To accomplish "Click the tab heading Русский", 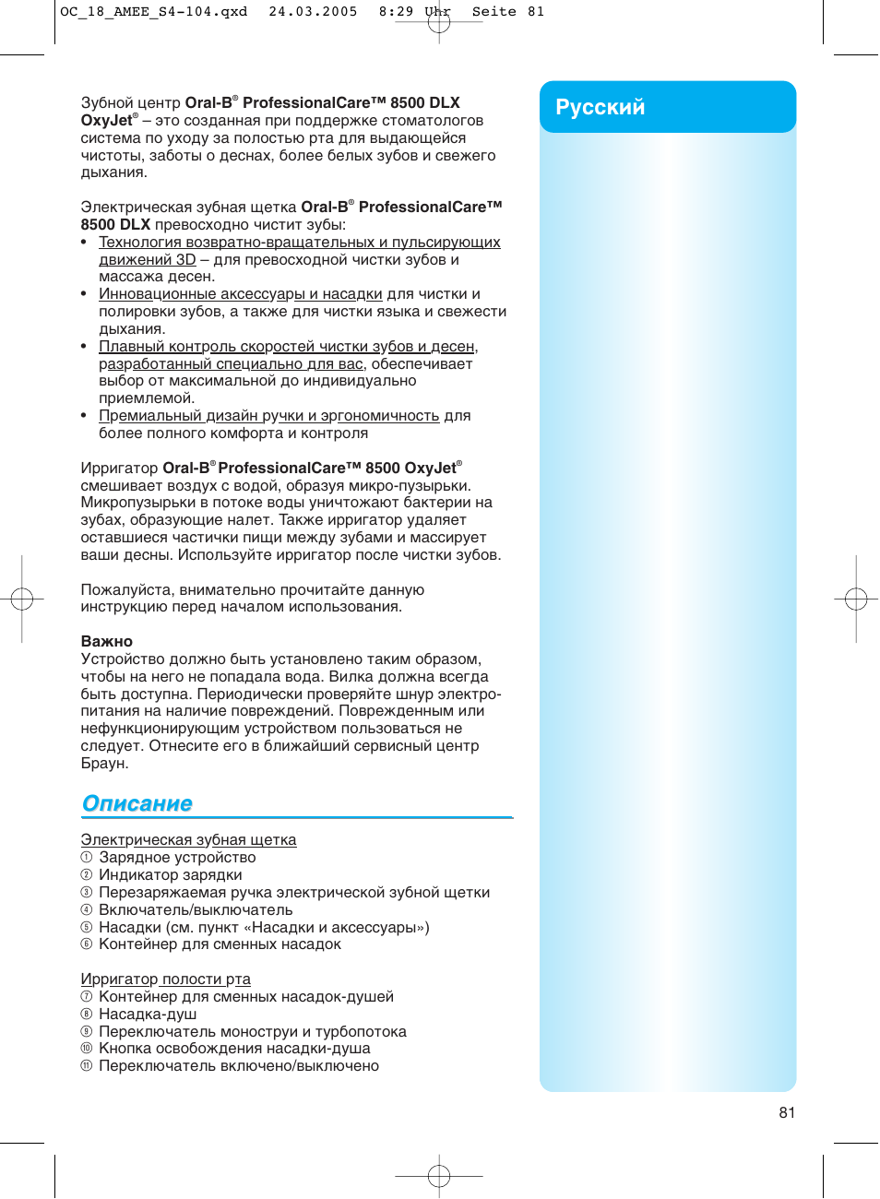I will (600, 107).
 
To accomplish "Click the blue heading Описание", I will (137, 803).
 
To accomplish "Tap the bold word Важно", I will (107, 641).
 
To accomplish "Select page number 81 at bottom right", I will (787, 1112).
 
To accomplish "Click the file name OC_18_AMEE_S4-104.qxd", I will (154, 12).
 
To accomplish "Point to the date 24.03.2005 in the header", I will (313, 12).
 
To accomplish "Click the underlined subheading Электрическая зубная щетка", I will (188, 839).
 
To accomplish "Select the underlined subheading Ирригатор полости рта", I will (165, 979).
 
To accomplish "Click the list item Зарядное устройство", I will (177, 857).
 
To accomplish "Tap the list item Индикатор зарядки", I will (171, 874).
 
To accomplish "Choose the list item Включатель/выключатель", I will (196, 909).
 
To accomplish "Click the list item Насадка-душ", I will (148, 1014).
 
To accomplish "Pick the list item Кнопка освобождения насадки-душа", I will (234, 1048).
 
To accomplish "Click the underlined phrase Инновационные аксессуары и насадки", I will (240, 293).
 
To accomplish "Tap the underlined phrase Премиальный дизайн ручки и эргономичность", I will (268, 415).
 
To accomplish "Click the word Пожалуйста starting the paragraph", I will (126, 589).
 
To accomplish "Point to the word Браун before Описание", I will (104, 763).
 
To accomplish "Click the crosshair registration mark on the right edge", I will (856, 599).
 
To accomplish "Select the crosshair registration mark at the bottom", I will (439, 1176).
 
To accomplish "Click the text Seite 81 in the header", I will (508, 12).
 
